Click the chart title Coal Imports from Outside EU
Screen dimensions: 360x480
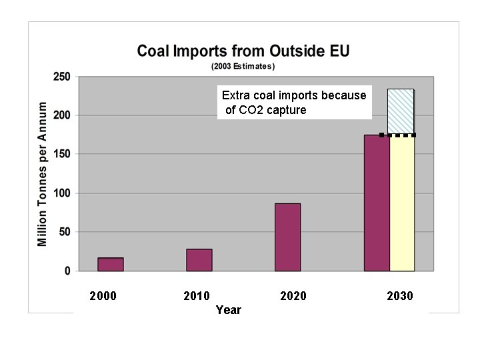pos(243,51)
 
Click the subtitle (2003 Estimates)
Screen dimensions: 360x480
pos(243,66)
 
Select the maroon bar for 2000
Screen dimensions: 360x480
pos(111,265)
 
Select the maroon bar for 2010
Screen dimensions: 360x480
pos(199,260)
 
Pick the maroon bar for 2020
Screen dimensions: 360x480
pos(288,237)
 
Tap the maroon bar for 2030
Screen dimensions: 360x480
pos(377,203)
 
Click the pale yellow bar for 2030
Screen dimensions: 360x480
pos(402,203)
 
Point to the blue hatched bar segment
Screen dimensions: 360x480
pos(401,111)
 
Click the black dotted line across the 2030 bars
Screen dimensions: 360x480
pos(397,135)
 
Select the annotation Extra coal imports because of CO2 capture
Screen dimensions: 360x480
pos(294,103)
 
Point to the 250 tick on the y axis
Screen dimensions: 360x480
pos(62,77)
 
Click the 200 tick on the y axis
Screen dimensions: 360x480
pos(62,115)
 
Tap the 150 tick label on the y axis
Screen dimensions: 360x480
pos(62,154)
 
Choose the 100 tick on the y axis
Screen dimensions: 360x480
pos(62,193)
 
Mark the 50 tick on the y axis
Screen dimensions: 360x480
pos(65,232)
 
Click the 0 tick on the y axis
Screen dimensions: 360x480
pos(67,271)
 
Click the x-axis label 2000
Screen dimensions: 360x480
pos(103,296)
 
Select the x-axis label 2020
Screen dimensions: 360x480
pos(293,296)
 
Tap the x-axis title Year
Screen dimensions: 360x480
pos(229,310)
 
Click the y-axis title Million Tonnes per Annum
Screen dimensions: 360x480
pos(43,174)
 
